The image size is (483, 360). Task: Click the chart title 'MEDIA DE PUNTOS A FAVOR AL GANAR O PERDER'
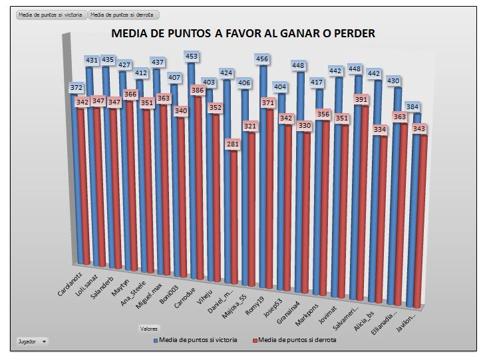(x=242, y=33)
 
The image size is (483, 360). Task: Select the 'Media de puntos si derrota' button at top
(x=124, y=14)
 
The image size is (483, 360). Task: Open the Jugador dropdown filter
(x=33, y=341)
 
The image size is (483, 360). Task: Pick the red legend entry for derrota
(x=297, y=339)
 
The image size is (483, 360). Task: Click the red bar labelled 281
(x=231, y=220)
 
